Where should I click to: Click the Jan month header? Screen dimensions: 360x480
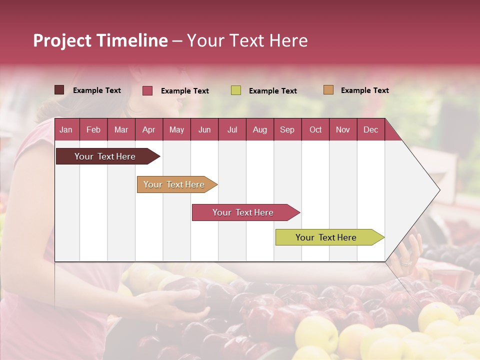(66, 130)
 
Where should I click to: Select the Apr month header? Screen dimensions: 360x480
(148, 130)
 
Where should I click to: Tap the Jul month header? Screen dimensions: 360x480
(232, 130)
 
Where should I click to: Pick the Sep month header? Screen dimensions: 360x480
(287, 130)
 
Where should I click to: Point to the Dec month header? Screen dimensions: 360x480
(370, 130)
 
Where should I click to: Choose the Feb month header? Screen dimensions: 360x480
(93, 130)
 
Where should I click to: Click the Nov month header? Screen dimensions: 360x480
(342, 130)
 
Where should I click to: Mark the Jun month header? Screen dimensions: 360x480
(204, 130)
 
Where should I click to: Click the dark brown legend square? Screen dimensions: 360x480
(59, 90)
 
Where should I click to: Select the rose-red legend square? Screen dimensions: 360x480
(147, 90)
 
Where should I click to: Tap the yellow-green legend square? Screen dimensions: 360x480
(236, 90)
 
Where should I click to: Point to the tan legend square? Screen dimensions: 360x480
(328, 90)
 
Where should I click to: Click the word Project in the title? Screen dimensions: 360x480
(62, 40)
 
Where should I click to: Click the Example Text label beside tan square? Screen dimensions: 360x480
(364, 90)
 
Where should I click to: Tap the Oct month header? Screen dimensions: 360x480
(315, 130)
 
